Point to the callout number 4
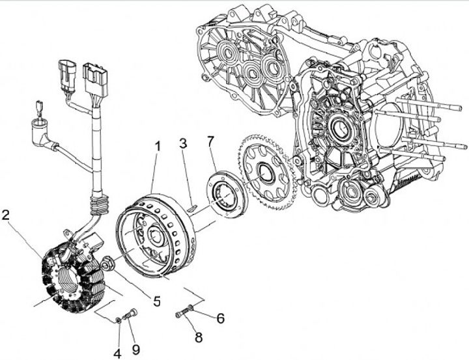coord(118,354)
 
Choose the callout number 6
coord(220,318)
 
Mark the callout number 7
coord(210,141)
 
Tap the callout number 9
coord(136,350)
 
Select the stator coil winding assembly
coord(71,277)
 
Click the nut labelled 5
coord(107,264)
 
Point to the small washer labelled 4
coord(118,318)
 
